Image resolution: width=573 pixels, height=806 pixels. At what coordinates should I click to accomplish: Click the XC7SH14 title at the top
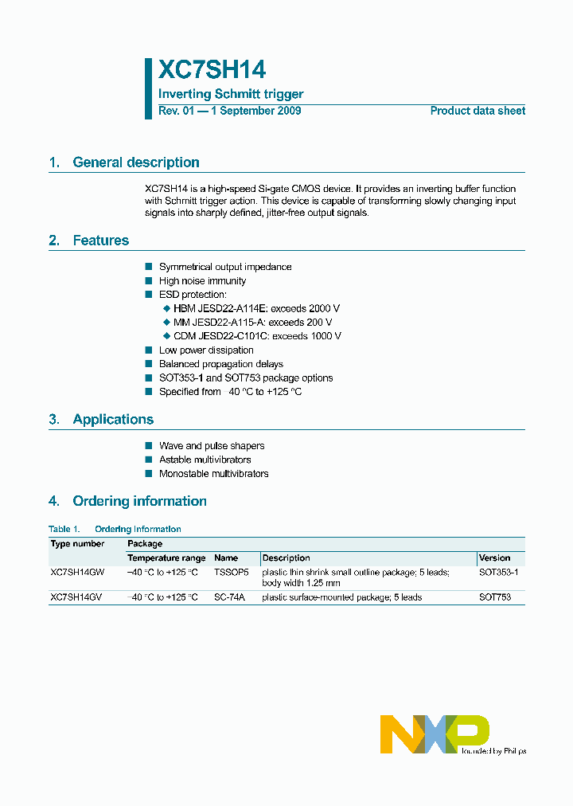pos(212,69)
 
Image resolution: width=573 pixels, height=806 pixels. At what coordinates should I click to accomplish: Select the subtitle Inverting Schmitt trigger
pos(231,94)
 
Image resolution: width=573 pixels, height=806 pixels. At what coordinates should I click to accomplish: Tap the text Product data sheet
pos(477,111)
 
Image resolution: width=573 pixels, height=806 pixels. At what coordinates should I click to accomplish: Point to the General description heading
pos(135,162)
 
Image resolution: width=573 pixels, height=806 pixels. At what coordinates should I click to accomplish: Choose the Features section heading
pos(100,241)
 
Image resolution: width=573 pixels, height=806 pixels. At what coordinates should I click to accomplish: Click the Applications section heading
pos(113,420)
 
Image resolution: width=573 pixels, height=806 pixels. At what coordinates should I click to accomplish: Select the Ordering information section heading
pos(139,502)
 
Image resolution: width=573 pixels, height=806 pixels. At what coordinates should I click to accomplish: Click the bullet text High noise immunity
pos(202,281)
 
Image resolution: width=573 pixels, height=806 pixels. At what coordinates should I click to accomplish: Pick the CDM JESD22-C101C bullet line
pos(256,336)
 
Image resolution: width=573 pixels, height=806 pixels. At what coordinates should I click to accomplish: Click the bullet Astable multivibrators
pos(205,460)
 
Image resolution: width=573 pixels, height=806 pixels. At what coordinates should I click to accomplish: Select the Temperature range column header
pos(166,558)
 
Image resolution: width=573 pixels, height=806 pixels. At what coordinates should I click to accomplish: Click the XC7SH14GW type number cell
pos(77,573)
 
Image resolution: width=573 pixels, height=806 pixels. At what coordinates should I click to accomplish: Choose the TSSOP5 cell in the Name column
pos(232,573)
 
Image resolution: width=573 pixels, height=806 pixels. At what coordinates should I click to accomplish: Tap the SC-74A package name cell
pos(230,597)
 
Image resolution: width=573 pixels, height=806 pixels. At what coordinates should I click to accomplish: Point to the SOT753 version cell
pos(494,597)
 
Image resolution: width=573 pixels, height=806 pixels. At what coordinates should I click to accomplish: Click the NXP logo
pos(435,734)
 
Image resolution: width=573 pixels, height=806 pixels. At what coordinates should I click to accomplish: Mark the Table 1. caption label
pos(64,529)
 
